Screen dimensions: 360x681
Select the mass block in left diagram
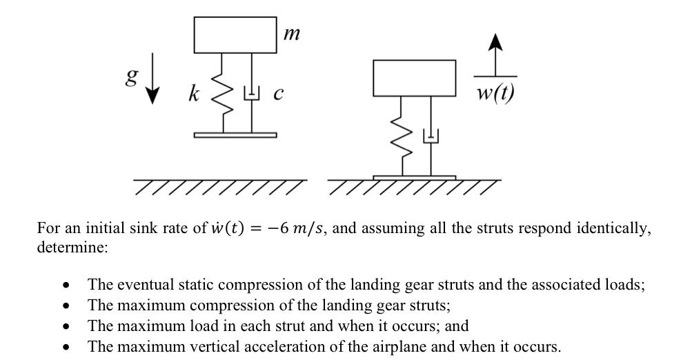[x=235, y=35]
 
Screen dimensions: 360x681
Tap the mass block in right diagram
[x=414, y=78]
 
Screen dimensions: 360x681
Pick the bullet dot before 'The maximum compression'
[x=66, y=306]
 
